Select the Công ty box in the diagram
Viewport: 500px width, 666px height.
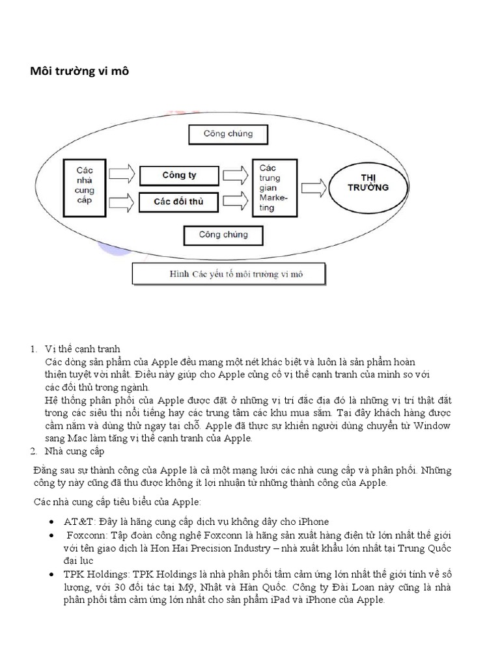(x=179, y=175)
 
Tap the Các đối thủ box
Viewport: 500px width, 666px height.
(x=179, y=201)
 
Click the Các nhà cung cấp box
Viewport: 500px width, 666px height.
(x=85, y=185)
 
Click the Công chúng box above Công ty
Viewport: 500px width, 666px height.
(x=228, y=134)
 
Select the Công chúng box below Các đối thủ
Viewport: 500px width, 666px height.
(x=223, y=234)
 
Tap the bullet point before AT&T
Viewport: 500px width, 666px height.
(x=51, y=522)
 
